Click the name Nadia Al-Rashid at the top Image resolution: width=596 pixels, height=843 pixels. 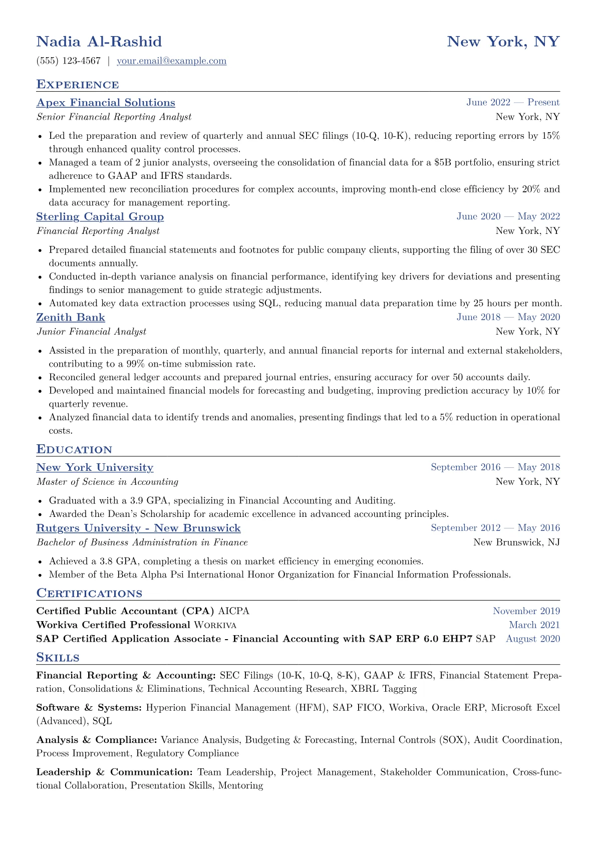(99, 41)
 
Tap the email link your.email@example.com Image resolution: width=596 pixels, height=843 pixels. (171, 61)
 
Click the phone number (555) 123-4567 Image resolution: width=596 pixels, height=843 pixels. (69, 61)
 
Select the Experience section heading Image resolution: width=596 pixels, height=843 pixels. (78, 84)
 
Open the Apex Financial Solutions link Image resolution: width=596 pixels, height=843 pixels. (106, 103)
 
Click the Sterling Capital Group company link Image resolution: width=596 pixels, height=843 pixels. (100, 217)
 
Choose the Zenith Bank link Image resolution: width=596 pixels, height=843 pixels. (71, 318)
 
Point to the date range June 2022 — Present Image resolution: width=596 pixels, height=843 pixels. (513, 103)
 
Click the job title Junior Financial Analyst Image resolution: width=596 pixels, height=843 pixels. (91, 332)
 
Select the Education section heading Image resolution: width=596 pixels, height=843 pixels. (74, 449)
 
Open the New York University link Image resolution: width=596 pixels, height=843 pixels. (95, 468)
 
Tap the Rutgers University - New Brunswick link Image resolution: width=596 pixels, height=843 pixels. (138, 528)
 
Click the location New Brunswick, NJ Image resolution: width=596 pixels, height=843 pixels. (516, 542)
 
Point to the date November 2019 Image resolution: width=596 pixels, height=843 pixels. (526, 611)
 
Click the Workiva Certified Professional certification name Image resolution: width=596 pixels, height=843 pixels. (113, 625)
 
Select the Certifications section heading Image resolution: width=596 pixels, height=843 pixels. (89, 594)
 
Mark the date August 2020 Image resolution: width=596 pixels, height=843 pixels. (533, 639)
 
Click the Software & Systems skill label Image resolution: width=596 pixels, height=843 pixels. (89, 708)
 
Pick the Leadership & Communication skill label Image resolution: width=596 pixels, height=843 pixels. (114, 772)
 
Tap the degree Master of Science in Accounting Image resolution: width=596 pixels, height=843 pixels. (107, 482)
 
